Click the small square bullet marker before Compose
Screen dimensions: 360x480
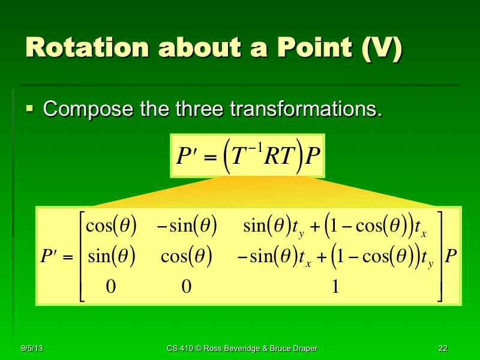(30, 109)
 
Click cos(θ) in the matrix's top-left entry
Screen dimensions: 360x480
(112, 227)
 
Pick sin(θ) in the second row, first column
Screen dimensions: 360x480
(112, 257)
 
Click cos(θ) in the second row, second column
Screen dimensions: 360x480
(187, 257)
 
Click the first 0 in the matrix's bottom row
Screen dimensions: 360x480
(110, 287)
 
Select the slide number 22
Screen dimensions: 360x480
(443, 349)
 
